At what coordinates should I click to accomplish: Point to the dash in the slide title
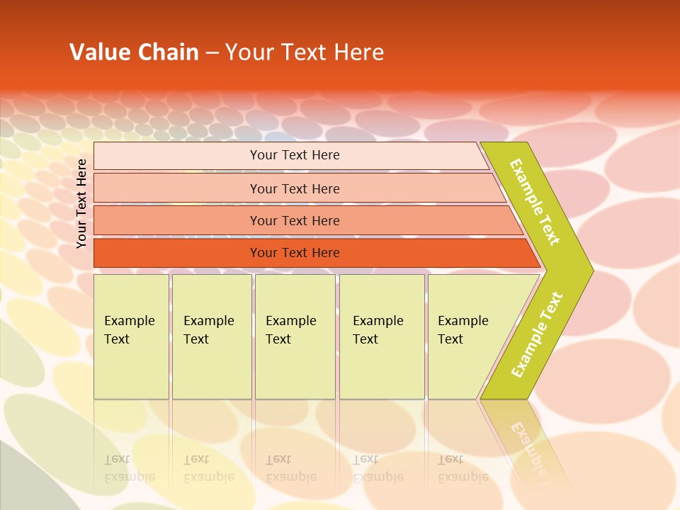pyautogui.click(x=212, y=53)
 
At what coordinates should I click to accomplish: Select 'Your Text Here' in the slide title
pyautogui.click(x=305, y=52)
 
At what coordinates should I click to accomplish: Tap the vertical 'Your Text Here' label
pyautogui.click(x=81, y=203)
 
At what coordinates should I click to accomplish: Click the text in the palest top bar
pyautogui.click(x=295, y=155)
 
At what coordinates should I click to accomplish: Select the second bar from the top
pyautogui.click(x=295, y=188)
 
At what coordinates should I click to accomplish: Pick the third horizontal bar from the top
pyautogui.click(x=295, y=221)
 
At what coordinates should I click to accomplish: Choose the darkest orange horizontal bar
pyautogui.click(x=295, y=253)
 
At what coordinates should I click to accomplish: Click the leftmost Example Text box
pyautogui.click(x=131, y=336)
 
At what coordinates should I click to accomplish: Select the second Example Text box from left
pyautogui.click(x=211, y=336)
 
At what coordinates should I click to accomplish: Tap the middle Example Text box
pyautogui.click(x=294, y=336)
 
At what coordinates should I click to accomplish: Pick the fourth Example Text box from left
pyautogui.click(x=381, y=336)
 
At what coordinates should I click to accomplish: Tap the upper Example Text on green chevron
pyautogui.click(x=535, y=202)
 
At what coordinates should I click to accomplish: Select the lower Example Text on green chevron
pyautogui.click(x=537, y=334)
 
